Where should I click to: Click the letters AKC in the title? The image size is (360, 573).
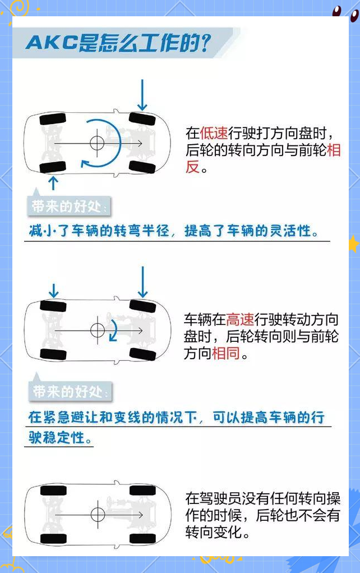point(52,43)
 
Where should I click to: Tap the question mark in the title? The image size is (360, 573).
point(206,43)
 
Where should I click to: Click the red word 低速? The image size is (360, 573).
point(214,133)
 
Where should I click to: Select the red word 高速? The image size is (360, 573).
point(240,319)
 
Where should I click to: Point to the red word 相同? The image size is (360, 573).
point(225,354)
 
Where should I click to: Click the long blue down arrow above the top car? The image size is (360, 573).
point(142,95)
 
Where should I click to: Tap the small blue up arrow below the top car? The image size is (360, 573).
point(53,183)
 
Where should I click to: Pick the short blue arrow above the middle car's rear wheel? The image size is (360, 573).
point(54,291)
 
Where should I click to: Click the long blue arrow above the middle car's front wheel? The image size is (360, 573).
point(142,282)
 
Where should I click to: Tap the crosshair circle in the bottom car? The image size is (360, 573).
point(98,515)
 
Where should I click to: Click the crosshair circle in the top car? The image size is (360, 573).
point(97,143)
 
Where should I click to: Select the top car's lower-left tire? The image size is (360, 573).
point(53,167)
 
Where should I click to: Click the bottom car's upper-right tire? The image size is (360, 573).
point(143,491)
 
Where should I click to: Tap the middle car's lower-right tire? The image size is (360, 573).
point(143,354)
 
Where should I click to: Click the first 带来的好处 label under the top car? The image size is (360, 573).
point(68,207)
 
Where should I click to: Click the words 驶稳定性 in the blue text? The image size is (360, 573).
point(57,437)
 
